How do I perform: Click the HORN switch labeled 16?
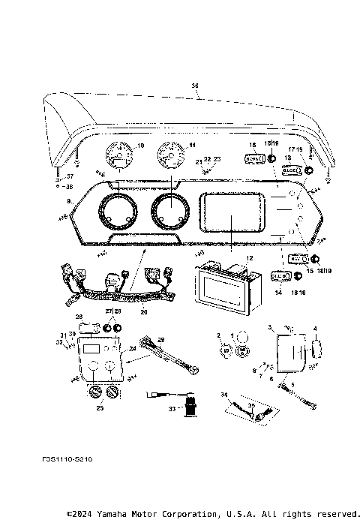(253, 159)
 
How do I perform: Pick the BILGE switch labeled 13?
(291, 170)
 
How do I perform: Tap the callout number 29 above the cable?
(159, 340)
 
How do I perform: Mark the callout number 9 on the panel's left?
(69, 201)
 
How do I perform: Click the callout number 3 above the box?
(269, 327)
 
